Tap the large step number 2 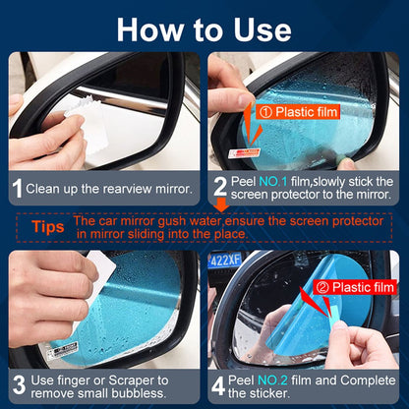click(220, 187)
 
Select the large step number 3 click(18, 380)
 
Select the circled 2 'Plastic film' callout click(356, 286)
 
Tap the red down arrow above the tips click(221, 205)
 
